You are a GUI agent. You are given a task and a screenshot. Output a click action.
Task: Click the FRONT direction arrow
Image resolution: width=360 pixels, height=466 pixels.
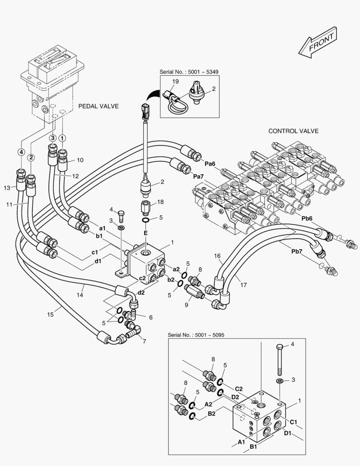pyautogui.click(x=317, y=42)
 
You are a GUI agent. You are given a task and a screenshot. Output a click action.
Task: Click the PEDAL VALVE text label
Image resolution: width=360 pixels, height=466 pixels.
pyautogui.click(x=98, y=106)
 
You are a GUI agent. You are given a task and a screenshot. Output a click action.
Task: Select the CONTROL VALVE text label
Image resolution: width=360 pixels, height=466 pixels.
pyautogui.click(x=293, y=131)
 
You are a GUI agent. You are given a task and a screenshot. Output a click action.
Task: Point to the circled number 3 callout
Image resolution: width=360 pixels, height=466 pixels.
pyautogui.click(x=53, y=138)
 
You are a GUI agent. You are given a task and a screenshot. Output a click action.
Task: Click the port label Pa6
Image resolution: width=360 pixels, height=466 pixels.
pyautogui.click(x=210, y=164)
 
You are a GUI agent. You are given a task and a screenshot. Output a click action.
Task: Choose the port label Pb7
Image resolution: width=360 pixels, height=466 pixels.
pyautogui.click(x=297, y=252)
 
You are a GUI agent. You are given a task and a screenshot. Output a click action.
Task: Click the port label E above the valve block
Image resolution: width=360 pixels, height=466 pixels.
pyautogui.click(x=146, y=233)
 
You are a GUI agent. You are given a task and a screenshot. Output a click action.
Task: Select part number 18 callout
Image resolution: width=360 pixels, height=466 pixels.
pyautogui.click(x=160, y=202)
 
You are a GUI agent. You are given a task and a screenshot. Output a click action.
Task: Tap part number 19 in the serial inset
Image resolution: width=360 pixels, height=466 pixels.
pyautogui.click(x=175, y=82)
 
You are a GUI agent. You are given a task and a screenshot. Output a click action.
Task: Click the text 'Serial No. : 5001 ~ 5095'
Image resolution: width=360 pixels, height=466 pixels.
pyautogui.click(x=196, y=335)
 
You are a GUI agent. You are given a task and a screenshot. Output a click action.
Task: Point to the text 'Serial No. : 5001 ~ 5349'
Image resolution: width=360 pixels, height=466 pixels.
pyautogui.click(x=189, y=72)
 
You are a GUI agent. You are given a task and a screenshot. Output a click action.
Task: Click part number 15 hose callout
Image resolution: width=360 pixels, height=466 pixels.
pyautogui.click(x=50, y=315)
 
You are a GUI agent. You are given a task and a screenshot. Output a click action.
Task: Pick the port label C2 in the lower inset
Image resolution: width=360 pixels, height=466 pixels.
pyautogui.click(x=239, y=389)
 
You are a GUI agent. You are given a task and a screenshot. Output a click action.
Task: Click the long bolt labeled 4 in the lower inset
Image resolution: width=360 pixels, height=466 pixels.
pyautogui.click(x=279, y=360)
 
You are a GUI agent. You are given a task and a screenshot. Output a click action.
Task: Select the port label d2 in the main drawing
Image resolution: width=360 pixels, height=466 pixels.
pyautogui.click(x=141, y=293)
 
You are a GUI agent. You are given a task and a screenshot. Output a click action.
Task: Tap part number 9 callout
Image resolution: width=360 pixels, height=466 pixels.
pyautogui.click(x=187, y=305)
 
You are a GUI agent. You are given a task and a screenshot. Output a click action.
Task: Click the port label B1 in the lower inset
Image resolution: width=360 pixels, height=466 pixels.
pyautogui.click(x=253, y=447)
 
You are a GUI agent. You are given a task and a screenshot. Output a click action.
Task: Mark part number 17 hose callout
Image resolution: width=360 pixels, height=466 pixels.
pyautogui.click(x=244, y=285)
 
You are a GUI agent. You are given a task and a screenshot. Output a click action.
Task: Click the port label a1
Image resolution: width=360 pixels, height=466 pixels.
pyautogui.click(x=103, y=228)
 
